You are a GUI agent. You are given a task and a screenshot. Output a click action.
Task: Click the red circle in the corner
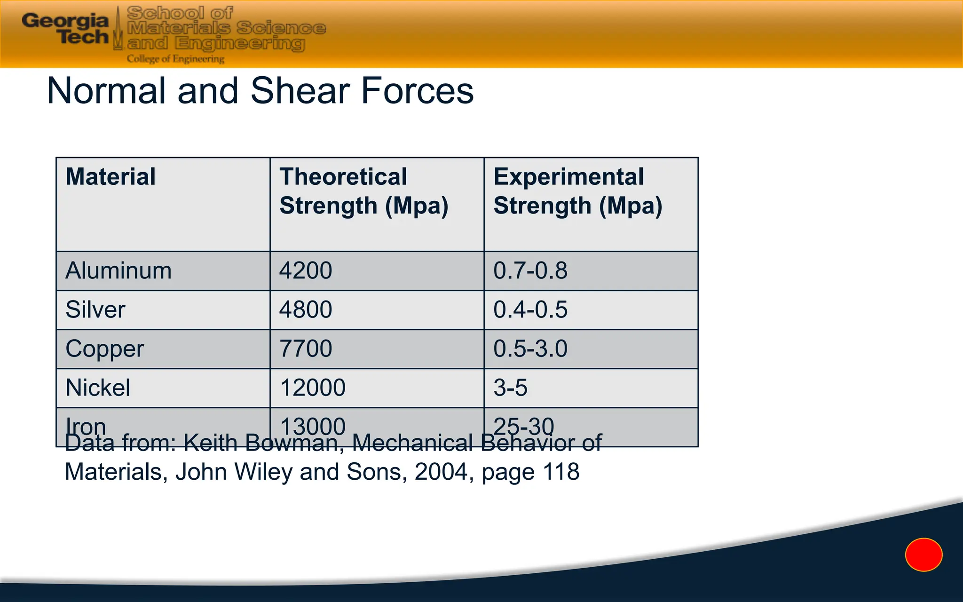pos(924,555)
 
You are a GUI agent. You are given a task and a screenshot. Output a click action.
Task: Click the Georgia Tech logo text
pos(66,28)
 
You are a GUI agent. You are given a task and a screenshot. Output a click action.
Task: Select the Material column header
pos(111,177)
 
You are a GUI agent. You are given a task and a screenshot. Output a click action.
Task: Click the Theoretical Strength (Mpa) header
pos(363,191)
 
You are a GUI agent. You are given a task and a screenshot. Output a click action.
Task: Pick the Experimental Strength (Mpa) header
pos(577,191)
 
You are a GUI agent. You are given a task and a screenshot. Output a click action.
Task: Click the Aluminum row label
pos(118,271)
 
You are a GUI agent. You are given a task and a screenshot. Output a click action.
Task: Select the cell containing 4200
pos(306,271)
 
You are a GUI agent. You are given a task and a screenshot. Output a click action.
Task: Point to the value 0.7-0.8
pos(530,271)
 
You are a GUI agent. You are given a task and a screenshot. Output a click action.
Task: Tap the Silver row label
pos(95,310)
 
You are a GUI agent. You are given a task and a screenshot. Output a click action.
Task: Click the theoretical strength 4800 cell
pos(306,310)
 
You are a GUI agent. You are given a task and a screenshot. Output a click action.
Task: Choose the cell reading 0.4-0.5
pos(530,310)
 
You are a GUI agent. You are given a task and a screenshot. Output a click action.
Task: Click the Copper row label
pos(104,349)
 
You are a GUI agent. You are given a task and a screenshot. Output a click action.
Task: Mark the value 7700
pos(306,349)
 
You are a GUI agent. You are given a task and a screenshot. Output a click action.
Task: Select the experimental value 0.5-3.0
pos(530,349)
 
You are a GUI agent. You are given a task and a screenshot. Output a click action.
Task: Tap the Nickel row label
pos(98,388)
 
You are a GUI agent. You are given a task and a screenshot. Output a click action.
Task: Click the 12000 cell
pos(313,388)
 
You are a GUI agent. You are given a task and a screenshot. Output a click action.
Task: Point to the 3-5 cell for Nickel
pos(511,388)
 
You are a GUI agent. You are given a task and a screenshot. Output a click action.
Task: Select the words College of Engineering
pos(175,59)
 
